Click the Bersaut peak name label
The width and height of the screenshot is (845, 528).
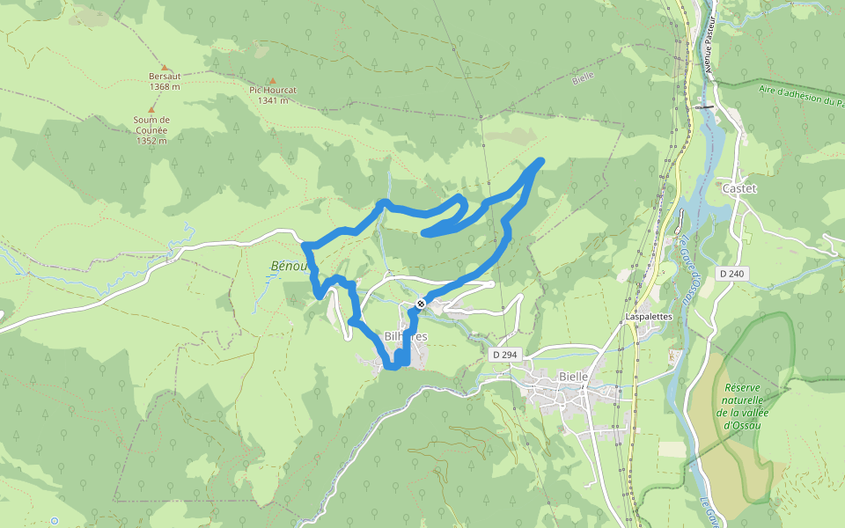click(x=165, y=77)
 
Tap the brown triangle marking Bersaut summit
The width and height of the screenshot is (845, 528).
click(x=164, y=67)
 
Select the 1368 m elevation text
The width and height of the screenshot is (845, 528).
click(x=165, y=86)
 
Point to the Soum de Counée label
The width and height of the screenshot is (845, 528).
click(x=151, y=125)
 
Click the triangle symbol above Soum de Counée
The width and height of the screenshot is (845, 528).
click(x=151, y=109)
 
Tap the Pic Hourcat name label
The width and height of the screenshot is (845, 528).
click(x=273, y=90)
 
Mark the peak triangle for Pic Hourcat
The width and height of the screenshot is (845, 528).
click(x=272, y=80)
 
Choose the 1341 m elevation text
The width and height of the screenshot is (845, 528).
click(x=273, y=100)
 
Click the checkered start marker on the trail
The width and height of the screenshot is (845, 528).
click(x=421, y=304)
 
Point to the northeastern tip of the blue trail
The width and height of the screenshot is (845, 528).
click(x=540, y=160)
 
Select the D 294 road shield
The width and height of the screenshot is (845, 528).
click(x=504, y=354)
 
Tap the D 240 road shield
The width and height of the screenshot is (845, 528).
click(x=731, y=274)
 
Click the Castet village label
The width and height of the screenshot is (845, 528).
click(x=738, y=189)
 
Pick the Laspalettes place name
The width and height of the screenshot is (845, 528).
click(x=649, y=316)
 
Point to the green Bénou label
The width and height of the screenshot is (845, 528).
click(x=289, y=266)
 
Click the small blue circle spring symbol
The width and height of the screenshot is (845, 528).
click(x=54, y=521)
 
